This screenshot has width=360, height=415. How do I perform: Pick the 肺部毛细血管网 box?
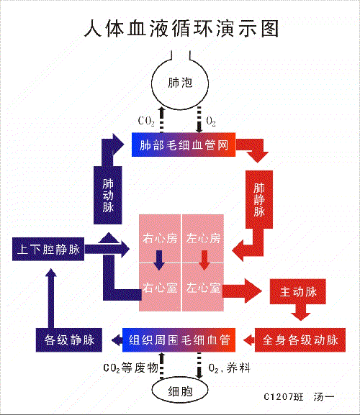point(184,145)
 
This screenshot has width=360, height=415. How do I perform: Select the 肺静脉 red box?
point(259,199)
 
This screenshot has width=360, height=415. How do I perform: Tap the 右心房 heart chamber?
point(161,238)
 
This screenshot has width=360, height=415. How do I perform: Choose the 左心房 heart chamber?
point(204,238)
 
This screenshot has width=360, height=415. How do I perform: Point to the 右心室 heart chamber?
point(161,288)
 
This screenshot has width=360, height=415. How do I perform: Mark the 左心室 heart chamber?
point(204,288)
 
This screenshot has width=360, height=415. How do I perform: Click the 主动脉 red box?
point(297,293)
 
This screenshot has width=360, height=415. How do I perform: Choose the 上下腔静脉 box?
point(49,250)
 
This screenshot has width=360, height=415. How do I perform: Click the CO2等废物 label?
point(130,368)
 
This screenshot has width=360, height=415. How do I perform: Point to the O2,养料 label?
point(229,368)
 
